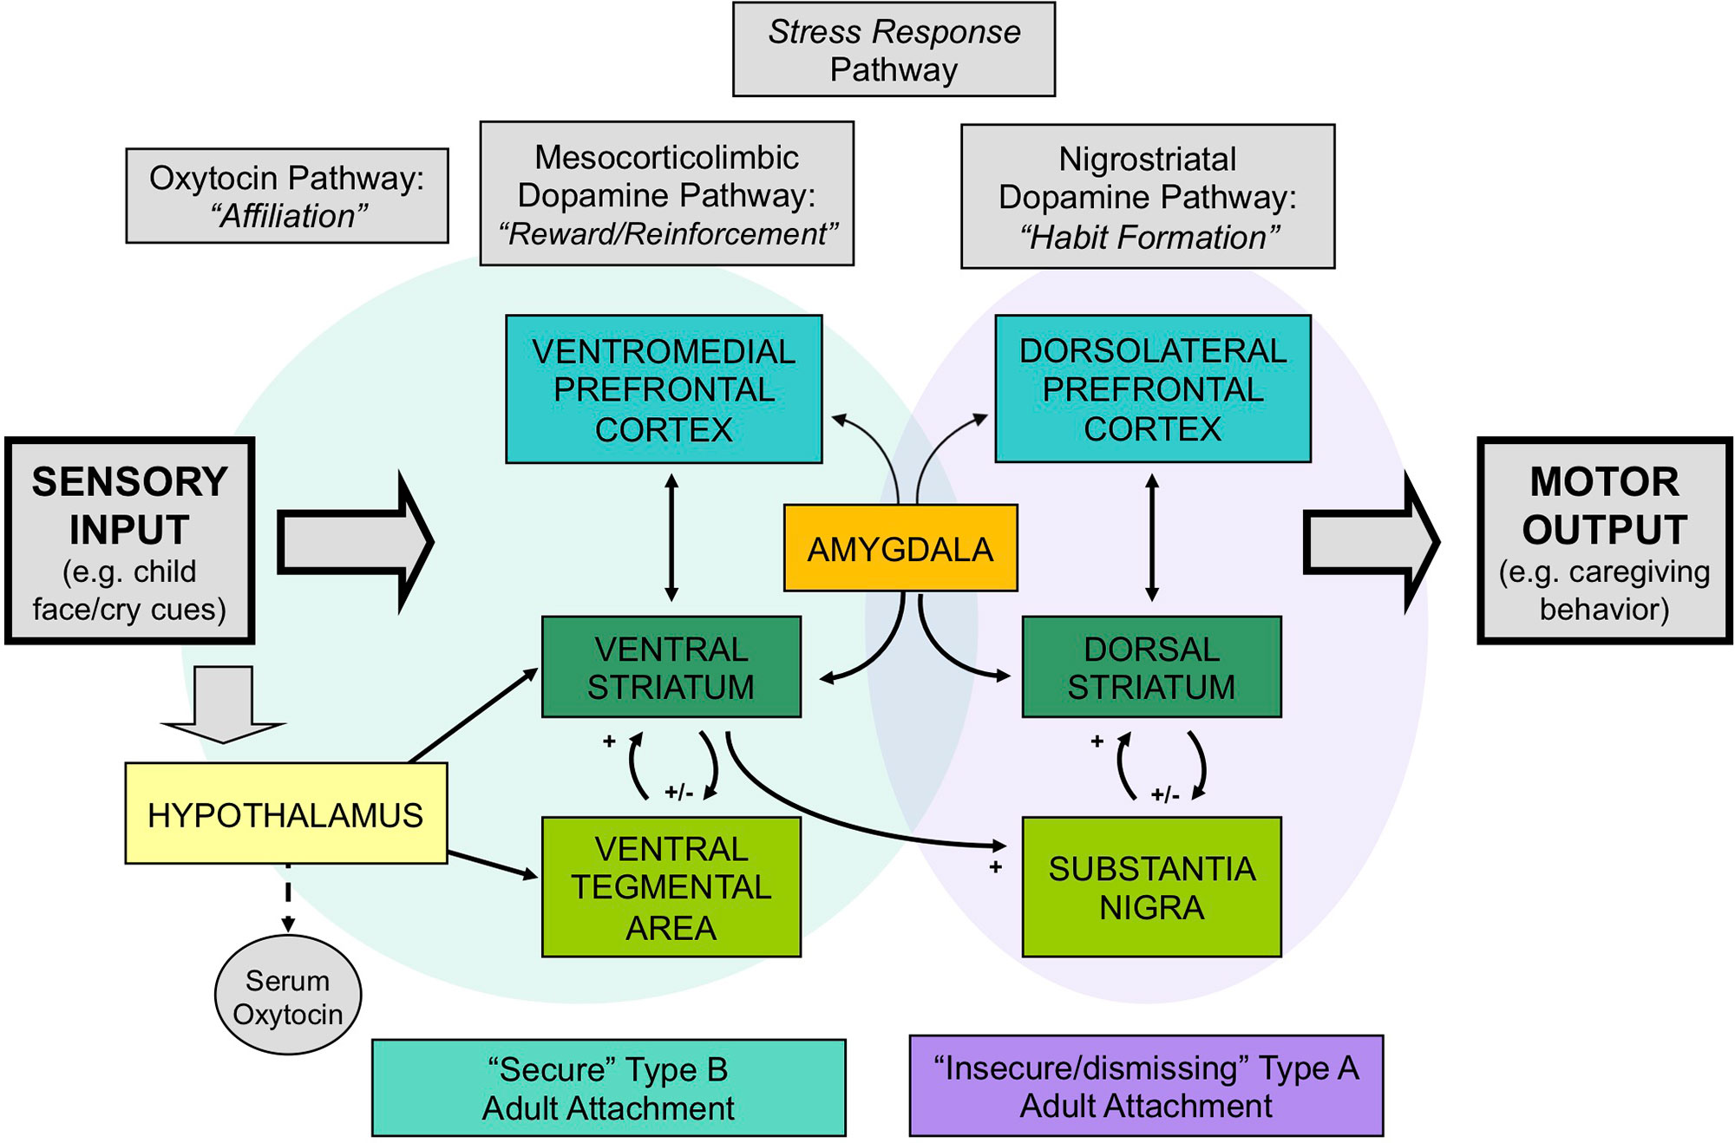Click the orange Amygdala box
900,548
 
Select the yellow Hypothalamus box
286,813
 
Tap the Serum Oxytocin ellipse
288,996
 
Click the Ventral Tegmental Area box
671,886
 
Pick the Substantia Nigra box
1152,886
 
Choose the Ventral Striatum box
671,667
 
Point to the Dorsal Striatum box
1152,667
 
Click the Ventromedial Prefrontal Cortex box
665,389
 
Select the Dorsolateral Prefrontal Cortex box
1153,389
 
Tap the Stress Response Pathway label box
894,49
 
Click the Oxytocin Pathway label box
287,196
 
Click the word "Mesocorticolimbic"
666,158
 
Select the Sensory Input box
130,541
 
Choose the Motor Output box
1605,541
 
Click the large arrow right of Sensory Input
356,542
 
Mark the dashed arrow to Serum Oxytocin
288,898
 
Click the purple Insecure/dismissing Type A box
1147,1086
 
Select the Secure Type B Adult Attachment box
609,1088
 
